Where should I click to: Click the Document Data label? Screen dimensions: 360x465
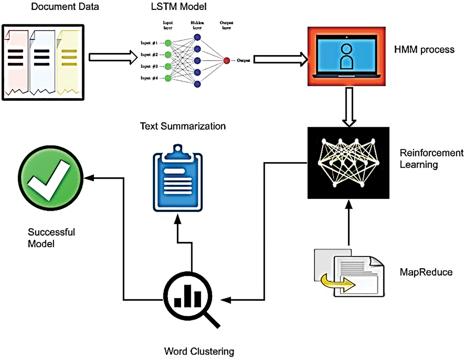point(65,7)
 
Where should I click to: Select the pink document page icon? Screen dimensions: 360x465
point(16,62)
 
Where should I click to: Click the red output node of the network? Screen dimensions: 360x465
point(227,61)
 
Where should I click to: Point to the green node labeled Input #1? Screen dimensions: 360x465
point(168,43)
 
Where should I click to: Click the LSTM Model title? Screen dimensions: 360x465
point(179,7)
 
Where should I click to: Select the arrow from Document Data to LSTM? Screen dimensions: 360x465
point(113,57)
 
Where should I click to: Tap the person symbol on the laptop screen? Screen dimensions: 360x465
point(347,56)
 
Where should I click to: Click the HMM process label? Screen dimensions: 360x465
point(424,50)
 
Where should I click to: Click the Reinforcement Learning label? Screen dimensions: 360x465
point(431,159)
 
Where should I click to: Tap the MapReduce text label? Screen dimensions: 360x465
point(426,272)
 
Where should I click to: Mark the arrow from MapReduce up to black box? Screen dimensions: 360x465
point(349,222)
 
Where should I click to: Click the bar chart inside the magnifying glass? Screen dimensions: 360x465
point(188,297)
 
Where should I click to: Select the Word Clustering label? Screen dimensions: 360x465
point(199,351)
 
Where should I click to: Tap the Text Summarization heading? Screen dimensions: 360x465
point(183,126)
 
